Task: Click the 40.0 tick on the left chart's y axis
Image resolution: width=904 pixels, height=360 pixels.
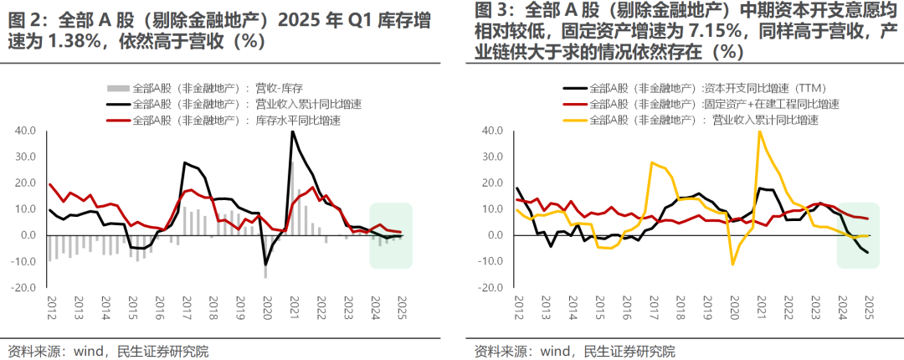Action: (x=25, y=131)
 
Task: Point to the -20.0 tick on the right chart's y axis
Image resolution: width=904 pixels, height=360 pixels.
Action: (x=492, y=287)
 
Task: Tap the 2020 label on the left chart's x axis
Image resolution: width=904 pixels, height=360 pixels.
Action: (x=267, y=307)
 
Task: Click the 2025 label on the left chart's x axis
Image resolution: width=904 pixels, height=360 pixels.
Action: (x=401, y=307)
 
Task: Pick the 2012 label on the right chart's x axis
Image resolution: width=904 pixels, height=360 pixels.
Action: (x=518, y=307)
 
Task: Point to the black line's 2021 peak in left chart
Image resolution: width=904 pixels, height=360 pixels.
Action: (x=292, y=131)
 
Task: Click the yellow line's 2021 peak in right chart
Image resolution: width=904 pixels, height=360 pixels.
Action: (x=760, y=131)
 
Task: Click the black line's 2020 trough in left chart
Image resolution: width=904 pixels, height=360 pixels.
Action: (x=266, y=265)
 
